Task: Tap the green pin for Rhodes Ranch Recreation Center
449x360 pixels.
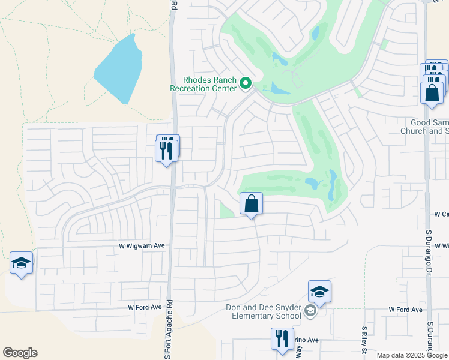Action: [245, 84]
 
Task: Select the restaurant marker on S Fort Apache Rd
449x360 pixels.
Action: [167, 150]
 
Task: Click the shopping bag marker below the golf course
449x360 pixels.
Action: [252, 204]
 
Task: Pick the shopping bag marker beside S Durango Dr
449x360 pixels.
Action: [432, 93]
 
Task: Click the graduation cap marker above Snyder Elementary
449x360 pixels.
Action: [319, 293]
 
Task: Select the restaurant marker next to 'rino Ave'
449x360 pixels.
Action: [282, 339]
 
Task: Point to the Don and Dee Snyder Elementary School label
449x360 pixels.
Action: [263, 311]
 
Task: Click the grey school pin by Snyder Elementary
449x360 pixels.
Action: [310, 310]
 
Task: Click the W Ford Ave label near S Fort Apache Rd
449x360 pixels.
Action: [145, 307]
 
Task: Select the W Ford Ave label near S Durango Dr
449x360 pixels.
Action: [405, 310]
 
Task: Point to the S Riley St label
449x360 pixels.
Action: [364, 341]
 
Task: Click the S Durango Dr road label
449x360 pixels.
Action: [429, 340]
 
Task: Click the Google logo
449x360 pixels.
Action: [20, 353]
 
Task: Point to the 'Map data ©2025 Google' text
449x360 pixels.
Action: [412, 355]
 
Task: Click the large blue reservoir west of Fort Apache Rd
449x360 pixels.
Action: [119, 68]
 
